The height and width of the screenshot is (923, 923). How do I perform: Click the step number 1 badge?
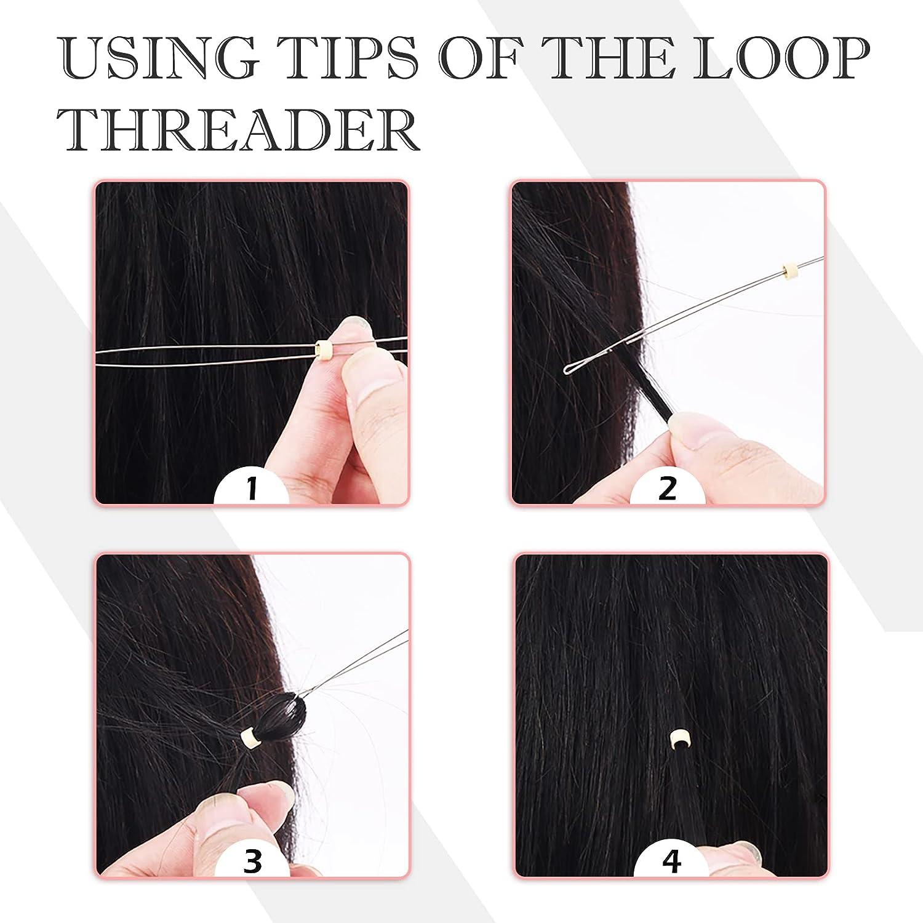[x=252, y=490]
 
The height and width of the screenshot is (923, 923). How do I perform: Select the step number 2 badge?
[x=668, y=489]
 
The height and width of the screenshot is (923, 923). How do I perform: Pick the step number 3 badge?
[x=253, y=861]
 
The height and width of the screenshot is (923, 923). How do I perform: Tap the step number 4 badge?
[x=672, y=862]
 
